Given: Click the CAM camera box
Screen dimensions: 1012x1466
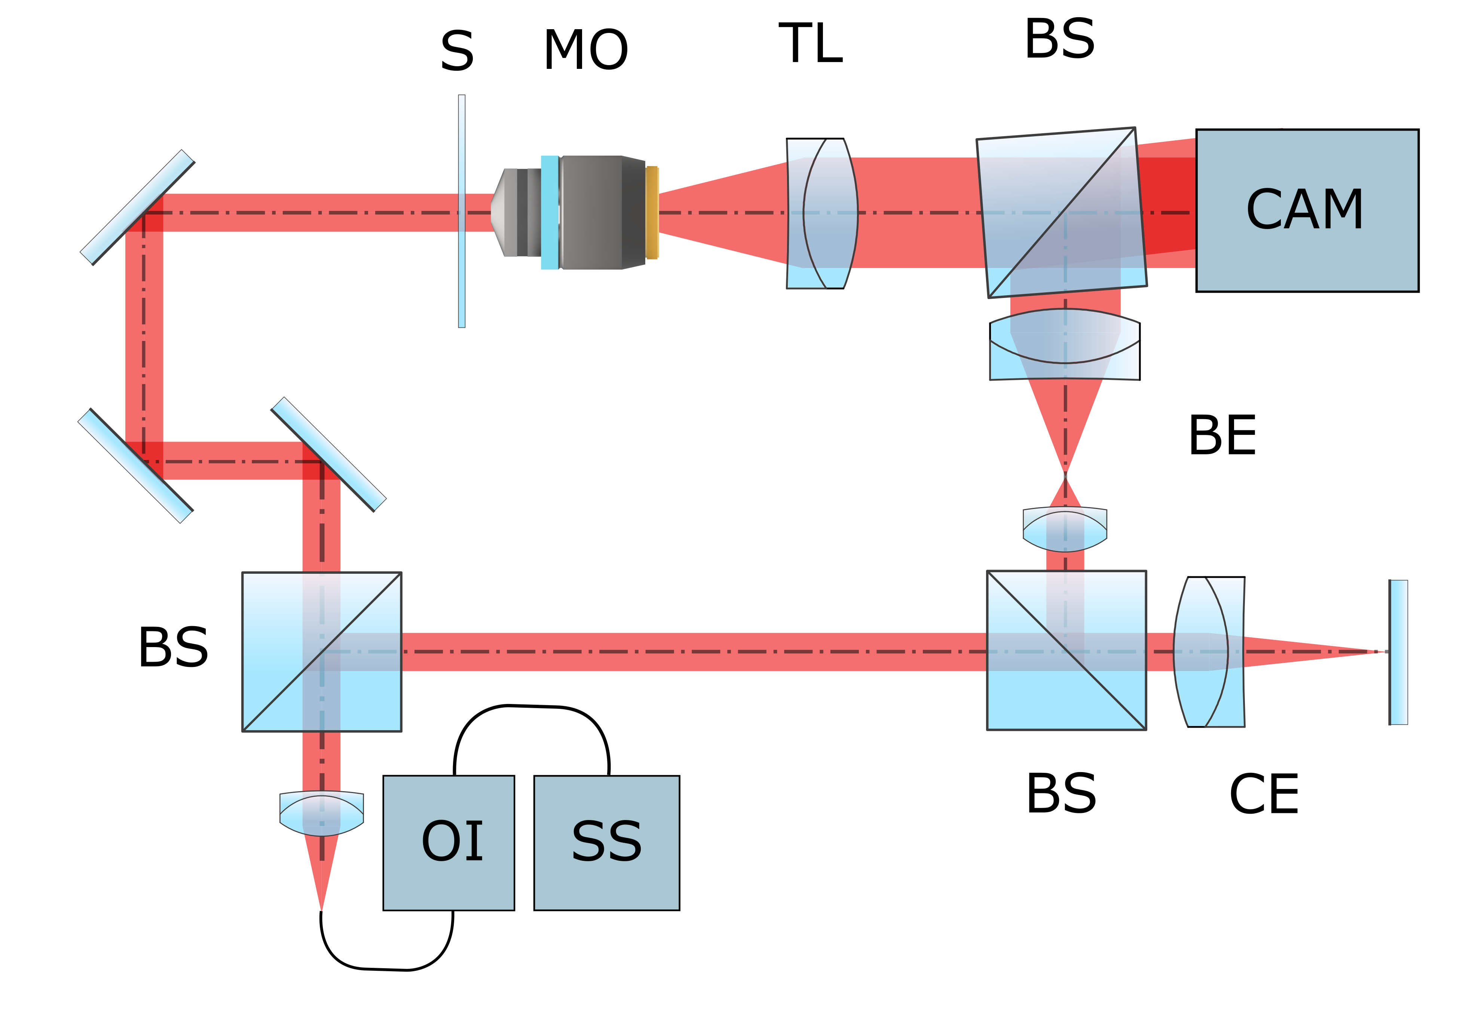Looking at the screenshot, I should (1306, 210).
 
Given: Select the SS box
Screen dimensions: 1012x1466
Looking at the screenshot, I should (606, 843).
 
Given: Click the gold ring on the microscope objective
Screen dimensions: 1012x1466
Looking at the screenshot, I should (652, 213).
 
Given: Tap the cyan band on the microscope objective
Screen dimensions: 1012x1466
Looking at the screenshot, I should (550, 213).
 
